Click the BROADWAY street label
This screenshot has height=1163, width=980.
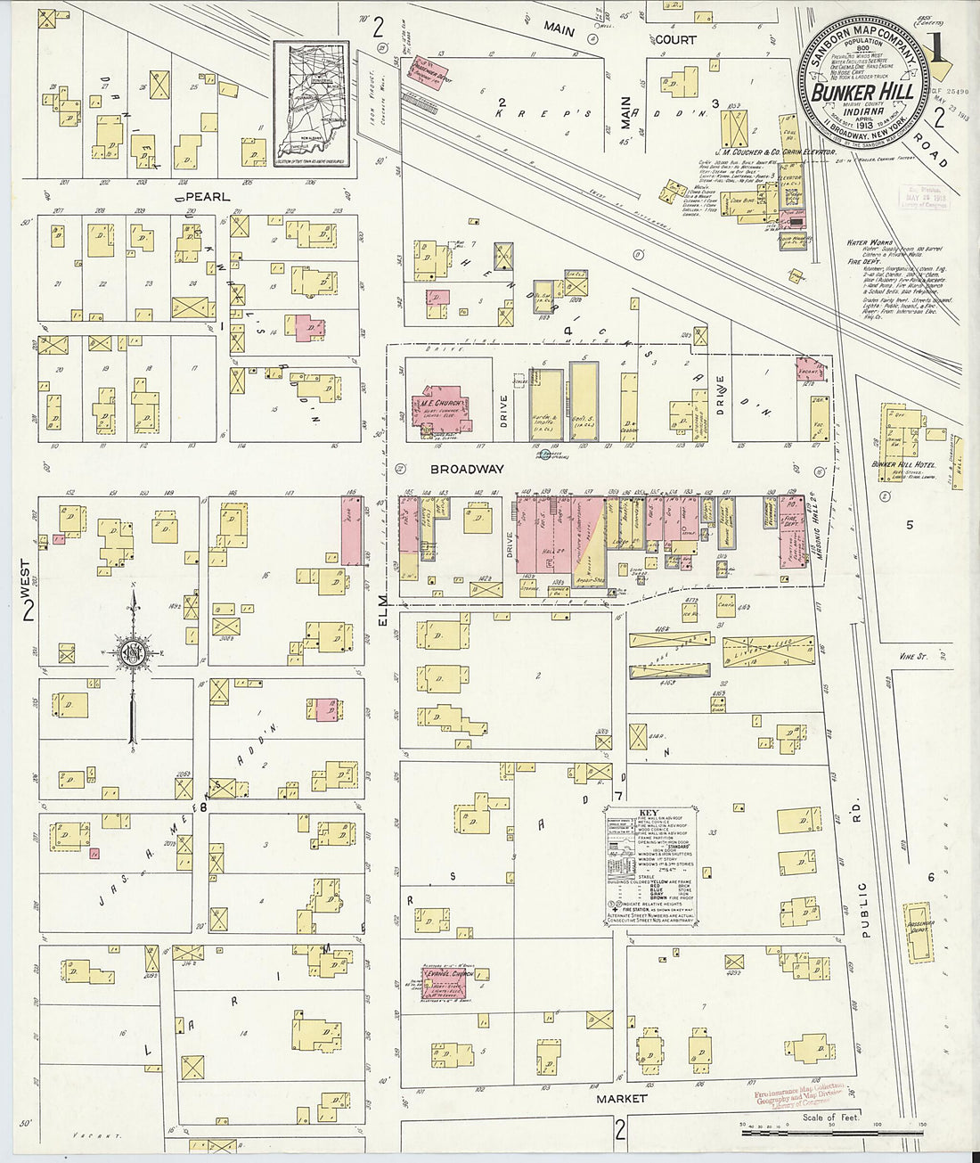coord(468,469)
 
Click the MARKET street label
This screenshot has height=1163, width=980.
coord(621,1099)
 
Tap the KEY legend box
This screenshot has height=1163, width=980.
coord(650,863)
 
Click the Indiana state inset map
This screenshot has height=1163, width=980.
coord(310,106)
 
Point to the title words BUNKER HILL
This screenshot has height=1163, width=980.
coord(862,92)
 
